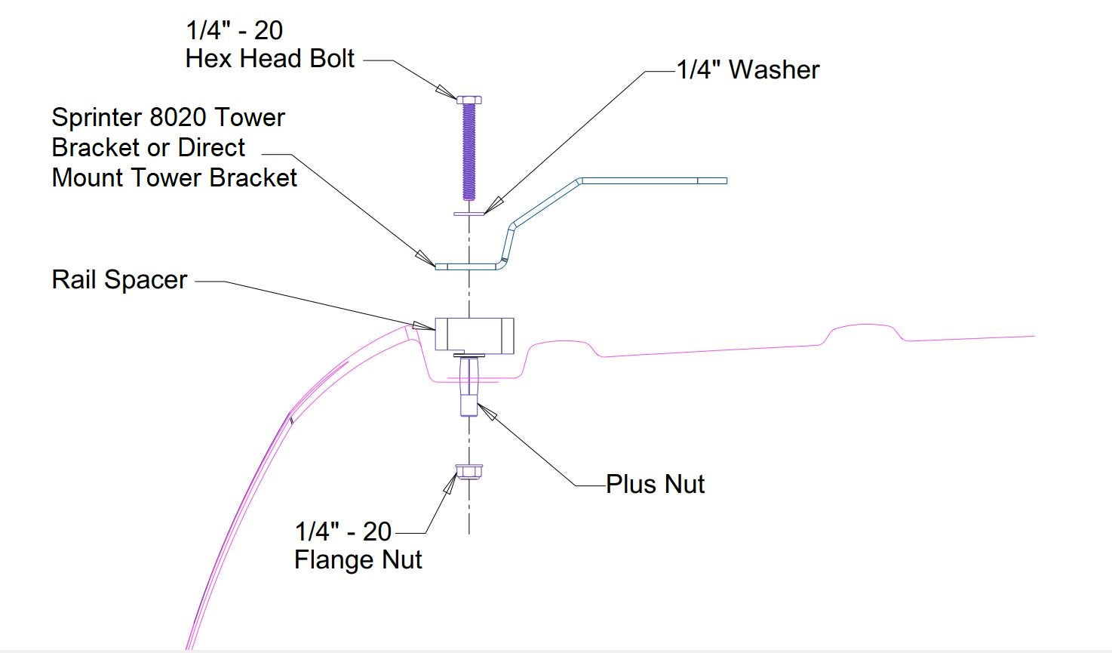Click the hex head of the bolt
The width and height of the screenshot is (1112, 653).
tap(468, 99)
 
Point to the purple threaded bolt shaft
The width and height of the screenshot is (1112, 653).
tap(468, 151)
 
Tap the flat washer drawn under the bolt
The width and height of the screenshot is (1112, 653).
tap(469, 214)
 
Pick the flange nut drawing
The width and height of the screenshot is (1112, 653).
tap(468, 473)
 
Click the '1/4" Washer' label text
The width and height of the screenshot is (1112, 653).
tap(748, 69)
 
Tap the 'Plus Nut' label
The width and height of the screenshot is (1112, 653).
tap(655, 484)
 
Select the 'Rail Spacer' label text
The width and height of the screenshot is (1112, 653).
tap(119, 280)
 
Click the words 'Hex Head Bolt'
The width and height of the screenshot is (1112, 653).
tap(269, 59)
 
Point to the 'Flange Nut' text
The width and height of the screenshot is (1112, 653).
tap(358, 560)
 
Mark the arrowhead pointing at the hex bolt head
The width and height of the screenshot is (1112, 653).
tap(447, 91)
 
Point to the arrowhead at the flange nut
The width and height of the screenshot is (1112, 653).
tap(450, 482)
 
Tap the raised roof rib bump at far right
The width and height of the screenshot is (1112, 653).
tap(864, 329)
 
